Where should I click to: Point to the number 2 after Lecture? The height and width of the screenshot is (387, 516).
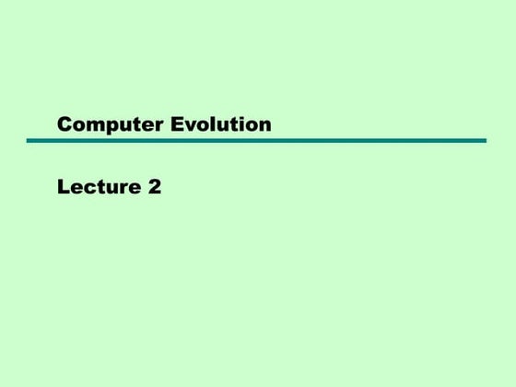pos(154,188)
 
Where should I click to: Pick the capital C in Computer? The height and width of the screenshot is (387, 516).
pos(64,124)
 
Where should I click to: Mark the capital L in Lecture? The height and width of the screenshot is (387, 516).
pos(63,188)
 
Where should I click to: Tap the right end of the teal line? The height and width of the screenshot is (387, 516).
pos(484,141)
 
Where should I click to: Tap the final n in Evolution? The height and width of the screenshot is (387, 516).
pos(264,125)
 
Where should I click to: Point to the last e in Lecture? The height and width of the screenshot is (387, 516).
pos(132,189)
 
